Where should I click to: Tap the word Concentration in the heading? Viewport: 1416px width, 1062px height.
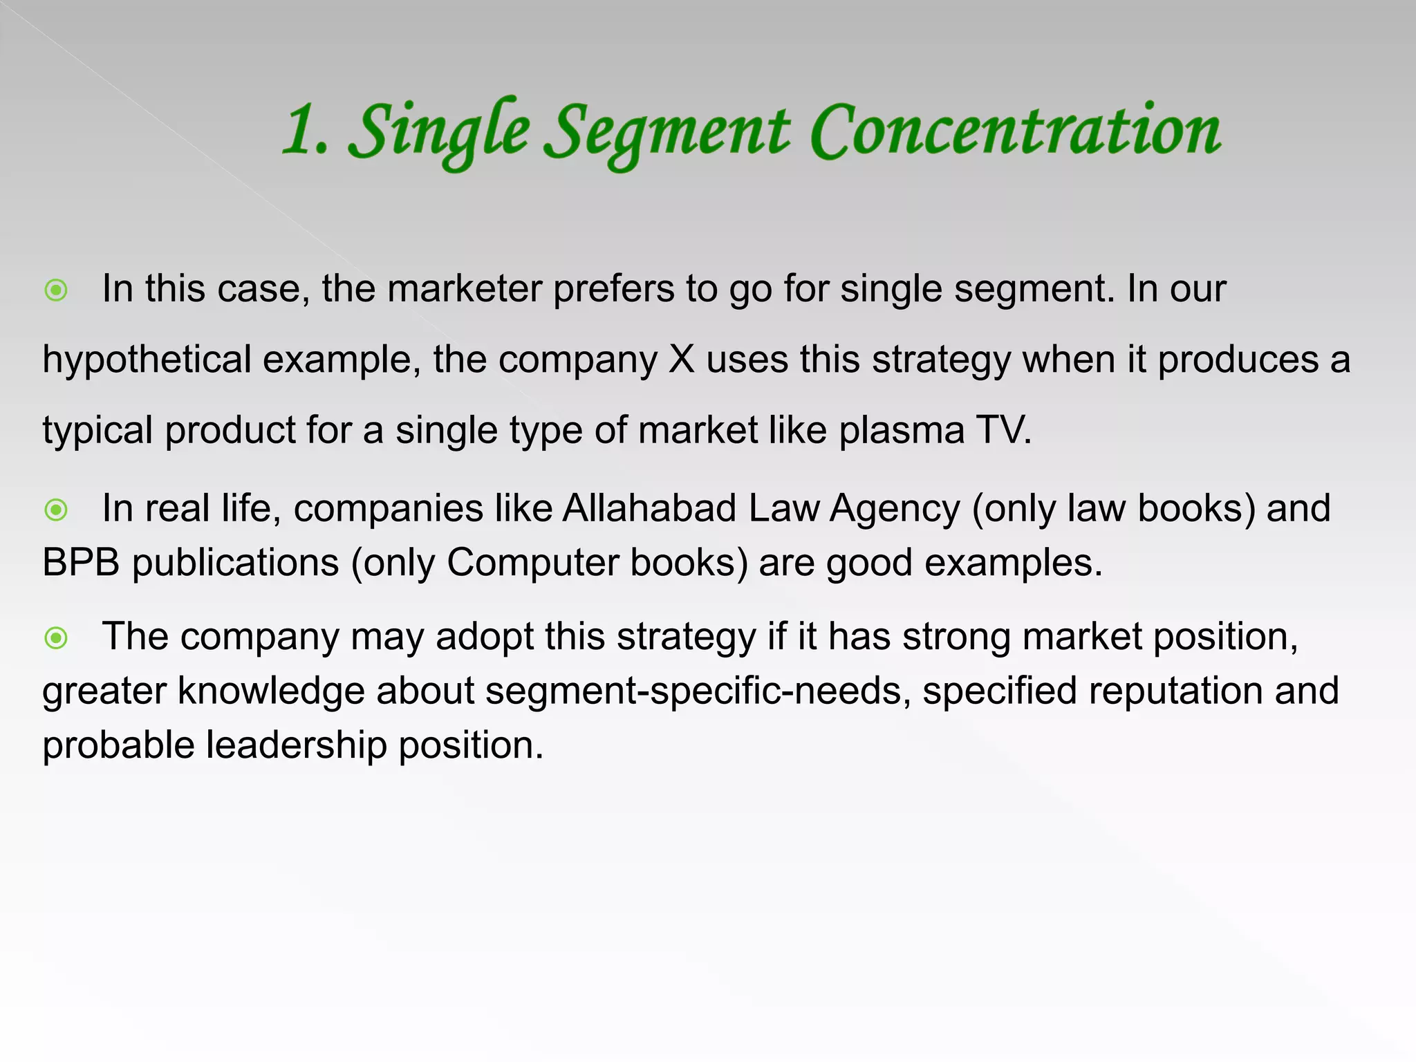coord(1015,131)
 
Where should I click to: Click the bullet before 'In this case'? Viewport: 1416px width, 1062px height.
coord(56,290)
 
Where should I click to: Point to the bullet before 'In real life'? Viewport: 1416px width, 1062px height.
coord(56,510)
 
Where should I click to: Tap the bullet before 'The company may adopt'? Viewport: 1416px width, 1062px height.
coord(56,637)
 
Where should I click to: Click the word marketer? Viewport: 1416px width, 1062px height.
coord(464,288)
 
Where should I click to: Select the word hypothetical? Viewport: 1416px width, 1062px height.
coord(147,360)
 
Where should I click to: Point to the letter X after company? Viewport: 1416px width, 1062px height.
coord(682,360)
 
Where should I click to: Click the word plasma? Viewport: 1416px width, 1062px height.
coord(902,431)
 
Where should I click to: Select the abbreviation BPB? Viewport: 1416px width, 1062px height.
coord(81,563)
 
